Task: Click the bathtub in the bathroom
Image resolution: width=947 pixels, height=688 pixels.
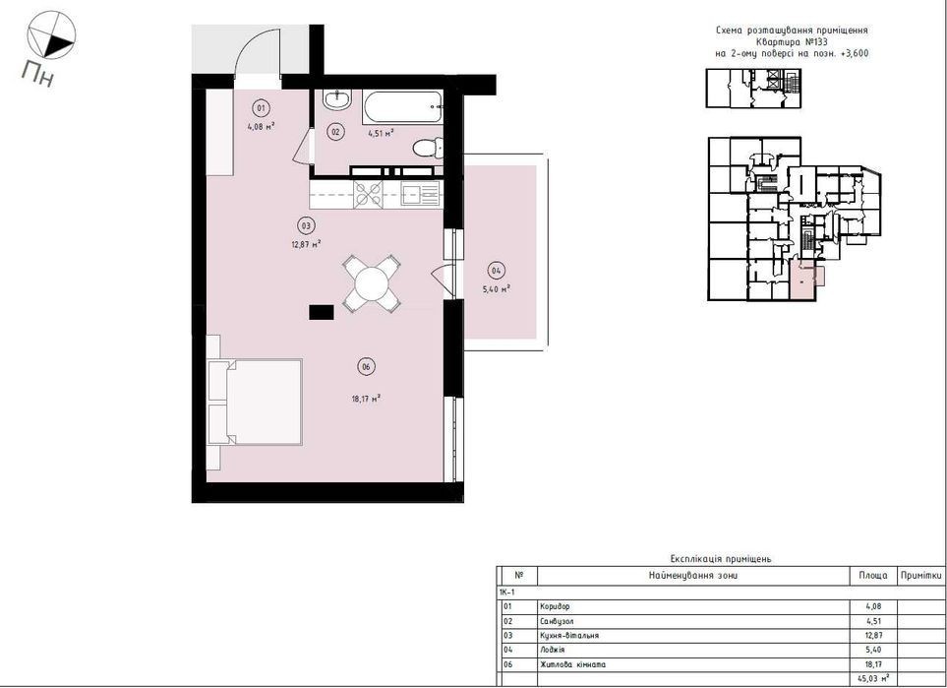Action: [403, 107]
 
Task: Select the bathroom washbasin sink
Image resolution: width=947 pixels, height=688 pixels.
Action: [337, 99]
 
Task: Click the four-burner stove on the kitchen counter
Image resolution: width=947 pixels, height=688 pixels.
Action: [369, 194]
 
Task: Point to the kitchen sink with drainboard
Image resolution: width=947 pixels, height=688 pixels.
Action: [420, 194]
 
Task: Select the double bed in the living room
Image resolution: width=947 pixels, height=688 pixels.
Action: [255, 402]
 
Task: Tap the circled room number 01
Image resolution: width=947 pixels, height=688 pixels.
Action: [261, 109]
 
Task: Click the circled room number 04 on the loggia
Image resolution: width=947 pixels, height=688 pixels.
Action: [496, 271]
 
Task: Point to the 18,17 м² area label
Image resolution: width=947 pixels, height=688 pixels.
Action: [366, 399]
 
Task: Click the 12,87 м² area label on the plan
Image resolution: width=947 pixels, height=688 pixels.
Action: [305, 245]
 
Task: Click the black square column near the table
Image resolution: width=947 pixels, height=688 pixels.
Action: [322, 312]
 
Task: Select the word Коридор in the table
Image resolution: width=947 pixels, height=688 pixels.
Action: [554, 606]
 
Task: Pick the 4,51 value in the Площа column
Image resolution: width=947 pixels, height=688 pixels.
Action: [873, 621]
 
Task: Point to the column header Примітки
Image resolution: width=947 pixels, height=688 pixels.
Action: [921, 576]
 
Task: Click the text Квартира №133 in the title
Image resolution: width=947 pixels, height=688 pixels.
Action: [792, 41]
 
